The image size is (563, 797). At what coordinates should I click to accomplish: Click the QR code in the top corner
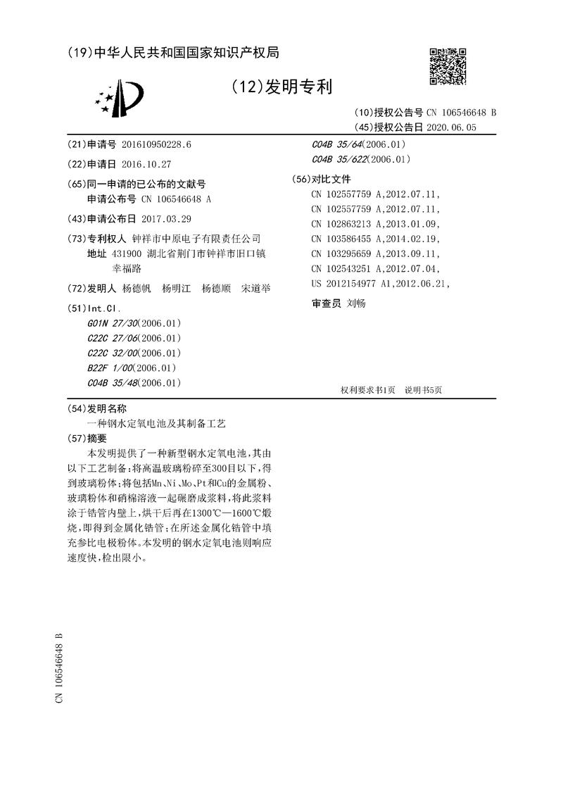point(448,68)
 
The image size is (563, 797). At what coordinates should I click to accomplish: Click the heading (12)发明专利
point(281,87)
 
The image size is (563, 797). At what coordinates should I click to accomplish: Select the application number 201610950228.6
point(156,144)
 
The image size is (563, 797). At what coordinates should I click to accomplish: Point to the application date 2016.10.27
point(146,163)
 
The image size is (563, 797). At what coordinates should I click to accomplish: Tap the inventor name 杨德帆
point(137,289)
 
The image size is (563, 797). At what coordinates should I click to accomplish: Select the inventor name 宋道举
point(255,289)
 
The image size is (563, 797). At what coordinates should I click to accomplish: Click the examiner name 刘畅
point(356,303)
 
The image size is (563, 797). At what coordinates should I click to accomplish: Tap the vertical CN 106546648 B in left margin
point(59,667)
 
